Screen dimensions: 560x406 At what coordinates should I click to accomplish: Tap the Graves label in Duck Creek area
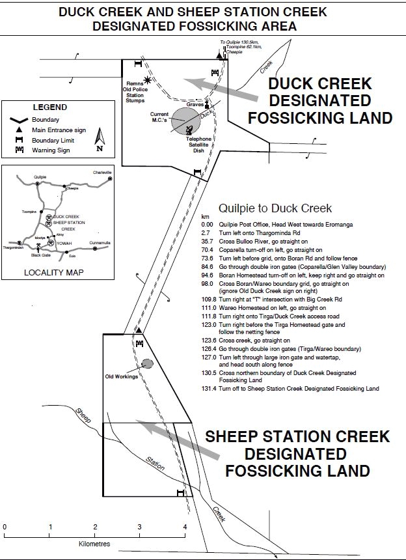pos(195,105)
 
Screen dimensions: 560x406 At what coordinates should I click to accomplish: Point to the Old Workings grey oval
pos(147,363)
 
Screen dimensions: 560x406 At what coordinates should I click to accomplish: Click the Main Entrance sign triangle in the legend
pos(14,130)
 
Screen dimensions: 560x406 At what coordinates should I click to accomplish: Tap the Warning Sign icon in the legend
pos(14,150)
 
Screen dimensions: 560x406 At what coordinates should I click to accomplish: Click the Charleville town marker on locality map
pos(110,178)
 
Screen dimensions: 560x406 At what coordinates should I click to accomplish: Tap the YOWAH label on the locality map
pos(64,243)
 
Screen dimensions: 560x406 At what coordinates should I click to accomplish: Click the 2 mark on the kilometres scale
pos(95,527)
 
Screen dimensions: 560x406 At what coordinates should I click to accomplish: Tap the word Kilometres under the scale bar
pos(95,542)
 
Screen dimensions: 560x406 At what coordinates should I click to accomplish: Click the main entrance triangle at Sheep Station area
pos(139,331)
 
